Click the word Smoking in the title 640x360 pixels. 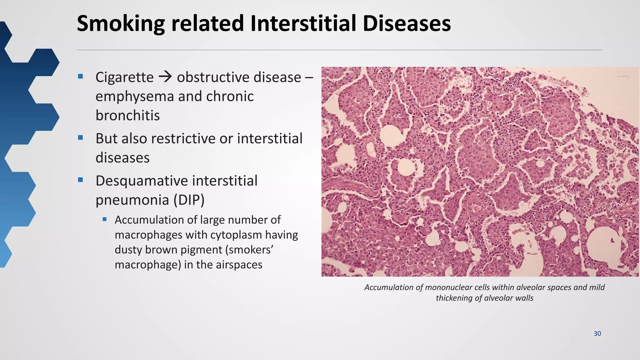(121, 24)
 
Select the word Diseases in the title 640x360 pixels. (407, 24)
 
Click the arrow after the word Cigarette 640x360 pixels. (165, 77)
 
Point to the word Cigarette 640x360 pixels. (124, 77)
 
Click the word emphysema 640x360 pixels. (134, 97)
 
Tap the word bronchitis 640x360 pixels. (127, 115)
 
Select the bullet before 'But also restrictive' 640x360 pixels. (81, 137)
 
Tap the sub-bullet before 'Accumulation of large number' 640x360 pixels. (105, 219)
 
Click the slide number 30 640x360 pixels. (597, 333)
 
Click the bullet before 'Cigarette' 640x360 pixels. (81, 76)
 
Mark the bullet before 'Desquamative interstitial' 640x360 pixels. (81, 180)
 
